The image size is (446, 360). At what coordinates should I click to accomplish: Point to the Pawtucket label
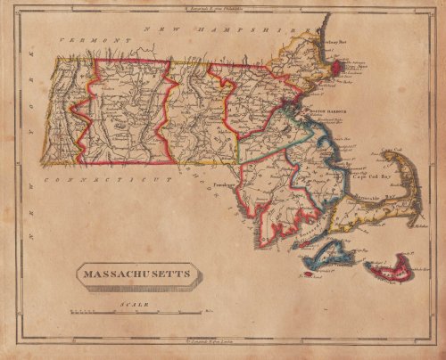click(x=223, y=189)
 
